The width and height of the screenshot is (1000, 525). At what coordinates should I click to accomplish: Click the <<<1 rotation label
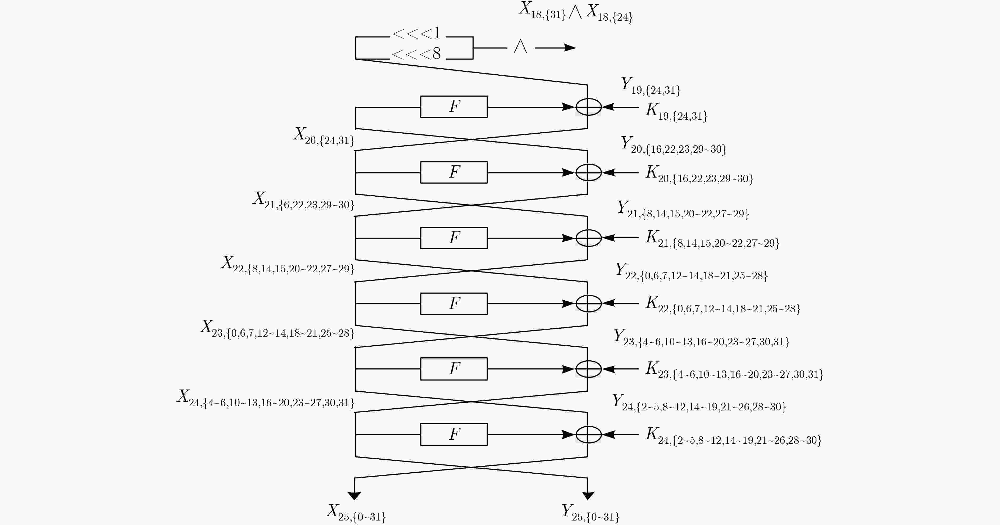click(417, 33)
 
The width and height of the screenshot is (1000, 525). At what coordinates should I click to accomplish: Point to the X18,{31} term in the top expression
click(543, 10)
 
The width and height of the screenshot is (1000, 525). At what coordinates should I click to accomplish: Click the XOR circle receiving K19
click(589, 107)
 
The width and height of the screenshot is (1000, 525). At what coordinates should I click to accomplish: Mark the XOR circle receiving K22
click(589, 303)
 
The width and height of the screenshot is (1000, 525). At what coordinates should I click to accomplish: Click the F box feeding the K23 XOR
click(454, 369)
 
